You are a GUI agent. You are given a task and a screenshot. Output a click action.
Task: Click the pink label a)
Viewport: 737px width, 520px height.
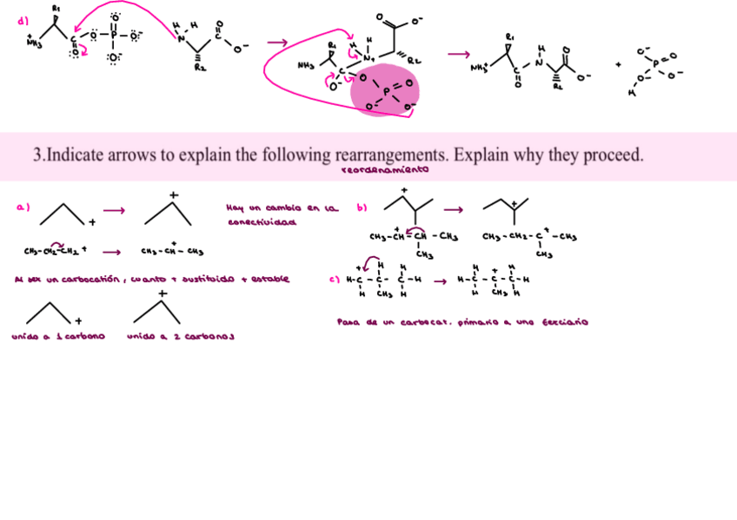tap(23, 207)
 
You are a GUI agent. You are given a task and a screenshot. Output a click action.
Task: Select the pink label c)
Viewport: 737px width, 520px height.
tap(334, 280)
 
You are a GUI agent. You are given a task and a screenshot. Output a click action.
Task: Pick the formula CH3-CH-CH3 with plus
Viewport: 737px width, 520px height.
tap(172, 253)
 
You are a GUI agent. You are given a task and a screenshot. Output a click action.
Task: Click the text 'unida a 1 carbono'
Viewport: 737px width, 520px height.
tap(58, 336)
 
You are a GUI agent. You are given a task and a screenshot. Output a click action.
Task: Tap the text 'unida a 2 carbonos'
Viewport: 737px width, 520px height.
tap(181, 336)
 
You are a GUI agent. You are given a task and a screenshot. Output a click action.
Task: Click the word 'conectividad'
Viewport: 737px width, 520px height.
tap(261, 222)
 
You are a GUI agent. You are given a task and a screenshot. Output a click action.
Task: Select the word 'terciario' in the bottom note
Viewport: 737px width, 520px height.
tap(564, 322)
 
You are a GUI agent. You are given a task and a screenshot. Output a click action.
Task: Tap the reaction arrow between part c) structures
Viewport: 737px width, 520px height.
tap(440, 280)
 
